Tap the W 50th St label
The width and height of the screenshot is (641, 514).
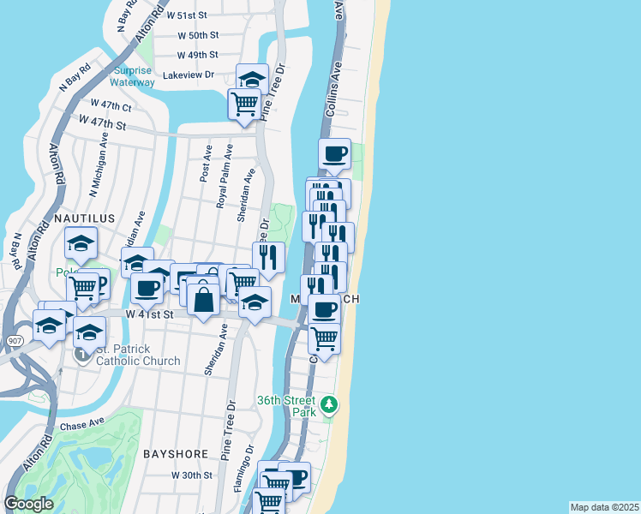click(198, 35)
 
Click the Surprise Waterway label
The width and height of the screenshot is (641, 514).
click(132, 77)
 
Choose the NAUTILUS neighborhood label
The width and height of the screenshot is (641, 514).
click(84, 218)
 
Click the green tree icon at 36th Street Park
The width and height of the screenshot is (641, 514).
click(328, 403)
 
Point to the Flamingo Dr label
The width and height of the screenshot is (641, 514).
click(244, 466)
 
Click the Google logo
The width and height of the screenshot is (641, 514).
click(28, 504)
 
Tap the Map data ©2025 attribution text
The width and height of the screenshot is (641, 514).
click(604, 507)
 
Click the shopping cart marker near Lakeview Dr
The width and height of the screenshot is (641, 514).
click(244, 104)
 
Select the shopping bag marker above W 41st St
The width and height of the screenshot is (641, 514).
click(203, 301)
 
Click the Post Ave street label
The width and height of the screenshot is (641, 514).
click(206, 163)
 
